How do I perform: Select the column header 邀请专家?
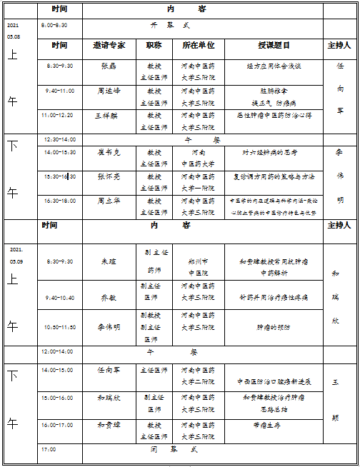coord(109,45)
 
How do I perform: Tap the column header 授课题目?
coord(274,45)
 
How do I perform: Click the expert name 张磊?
coord(109,66)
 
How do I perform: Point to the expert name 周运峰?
coord(109,91)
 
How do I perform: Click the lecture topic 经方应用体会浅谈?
coord(274,66)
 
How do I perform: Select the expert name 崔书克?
coord(109,152)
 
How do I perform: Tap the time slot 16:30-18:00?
coord(59,201)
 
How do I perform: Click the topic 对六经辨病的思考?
coord(274,152)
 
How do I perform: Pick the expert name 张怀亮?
coord(109,176)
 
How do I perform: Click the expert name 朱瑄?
coord(109,261)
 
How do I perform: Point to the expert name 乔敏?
coord(109,297)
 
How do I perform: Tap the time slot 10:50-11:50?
coord(59,326)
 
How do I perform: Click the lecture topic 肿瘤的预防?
coord(274,327)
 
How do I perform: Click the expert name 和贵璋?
coord(109,424)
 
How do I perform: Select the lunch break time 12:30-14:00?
coord(59,139)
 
